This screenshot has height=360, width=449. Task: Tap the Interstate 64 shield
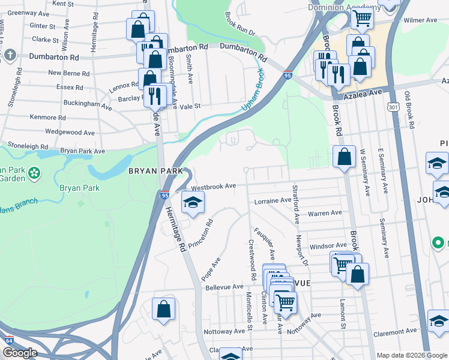(x=9, y=340)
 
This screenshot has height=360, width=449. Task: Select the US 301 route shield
(x=393, y=107)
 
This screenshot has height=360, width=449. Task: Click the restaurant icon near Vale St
(x=155, y=95)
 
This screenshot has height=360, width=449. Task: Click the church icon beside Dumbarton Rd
(x=10, y=56)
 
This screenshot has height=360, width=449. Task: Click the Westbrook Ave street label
(x=213, y=187)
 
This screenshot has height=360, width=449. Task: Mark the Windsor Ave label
(x=328, y=245)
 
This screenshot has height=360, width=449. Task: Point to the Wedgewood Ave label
(x=70, y=132)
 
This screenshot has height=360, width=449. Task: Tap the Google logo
(x=19, y=353)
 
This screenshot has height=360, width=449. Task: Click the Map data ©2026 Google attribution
(x=411, y=355)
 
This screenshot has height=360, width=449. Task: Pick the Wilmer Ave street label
(x=420, y=20)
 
